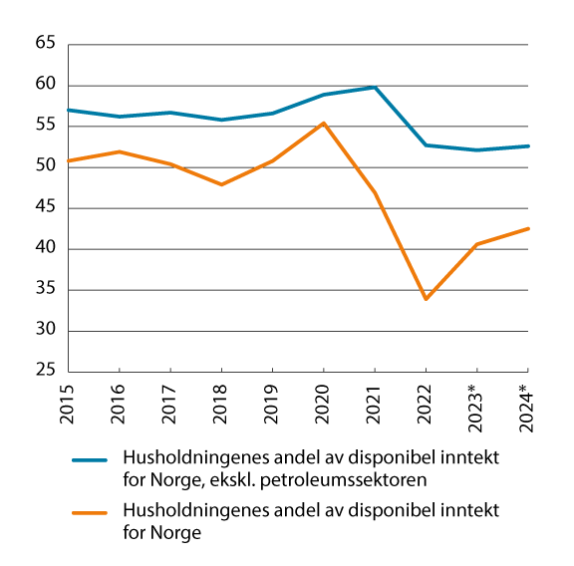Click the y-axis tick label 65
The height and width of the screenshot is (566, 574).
pos(46,45)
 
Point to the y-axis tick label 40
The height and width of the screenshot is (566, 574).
pos(46,249)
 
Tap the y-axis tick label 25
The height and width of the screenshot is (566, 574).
pos(46,372)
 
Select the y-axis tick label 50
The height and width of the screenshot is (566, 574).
pos(46,167)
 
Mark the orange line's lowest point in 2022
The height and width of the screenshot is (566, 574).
pos(426,299)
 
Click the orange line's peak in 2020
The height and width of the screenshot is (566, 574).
pos(323,123)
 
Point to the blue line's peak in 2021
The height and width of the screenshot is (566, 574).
pos(374,87)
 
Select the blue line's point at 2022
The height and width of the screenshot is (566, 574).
pos(426,144)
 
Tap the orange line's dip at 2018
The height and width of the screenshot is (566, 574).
pos(221,184)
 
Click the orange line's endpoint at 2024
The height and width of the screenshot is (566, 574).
pos(528,228)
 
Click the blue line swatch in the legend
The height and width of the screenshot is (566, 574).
pos(90,462)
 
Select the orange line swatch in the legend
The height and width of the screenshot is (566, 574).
pos(90,516)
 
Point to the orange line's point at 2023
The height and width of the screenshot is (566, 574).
pos(476,244)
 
